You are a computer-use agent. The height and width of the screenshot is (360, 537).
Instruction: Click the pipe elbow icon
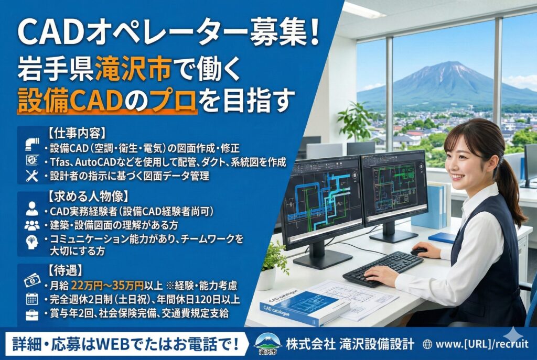32,145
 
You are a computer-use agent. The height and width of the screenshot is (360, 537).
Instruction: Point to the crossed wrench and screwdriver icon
32,176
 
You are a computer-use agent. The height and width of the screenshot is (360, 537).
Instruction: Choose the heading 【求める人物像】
88,197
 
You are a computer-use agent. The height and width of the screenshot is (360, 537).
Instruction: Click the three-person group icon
32,225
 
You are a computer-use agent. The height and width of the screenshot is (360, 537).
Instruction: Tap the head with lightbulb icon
32,242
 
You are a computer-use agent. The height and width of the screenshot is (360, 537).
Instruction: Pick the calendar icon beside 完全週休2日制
32,298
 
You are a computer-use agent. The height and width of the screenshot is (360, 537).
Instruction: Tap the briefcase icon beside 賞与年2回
32,314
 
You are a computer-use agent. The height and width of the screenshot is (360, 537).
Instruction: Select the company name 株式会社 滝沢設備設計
350,344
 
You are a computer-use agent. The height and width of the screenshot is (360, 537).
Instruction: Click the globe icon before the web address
427,344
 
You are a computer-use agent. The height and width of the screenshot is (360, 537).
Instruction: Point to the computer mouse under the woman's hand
418,252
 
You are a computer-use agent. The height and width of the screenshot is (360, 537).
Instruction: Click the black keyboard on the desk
383,268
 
